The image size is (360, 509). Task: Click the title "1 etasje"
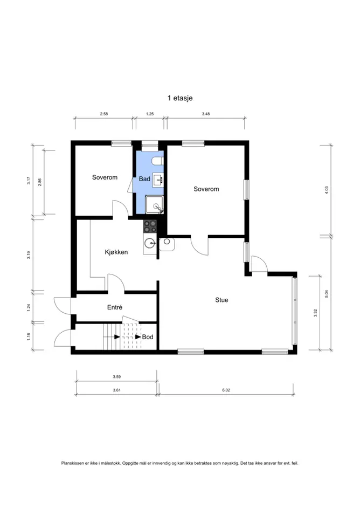point(180,98)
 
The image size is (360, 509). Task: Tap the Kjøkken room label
point(116,252)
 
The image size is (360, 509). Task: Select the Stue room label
point(221,300)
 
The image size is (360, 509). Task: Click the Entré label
point(115,307)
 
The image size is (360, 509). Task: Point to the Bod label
point(148,337)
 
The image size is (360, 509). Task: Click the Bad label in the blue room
point(144,179)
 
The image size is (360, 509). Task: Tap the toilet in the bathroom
point(158,161)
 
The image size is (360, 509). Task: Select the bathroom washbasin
point(158,179)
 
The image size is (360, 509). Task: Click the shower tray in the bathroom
point(154,204)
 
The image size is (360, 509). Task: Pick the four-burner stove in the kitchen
point(150,226)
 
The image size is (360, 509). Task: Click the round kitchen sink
point(149,242)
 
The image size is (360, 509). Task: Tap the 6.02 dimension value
point(226,390)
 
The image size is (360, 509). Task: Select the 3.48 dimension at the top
point(206,114)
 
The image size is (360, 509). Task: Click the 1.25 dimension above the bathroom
point(150,114)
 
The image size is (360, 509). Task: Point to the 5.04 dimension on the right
point(327,294)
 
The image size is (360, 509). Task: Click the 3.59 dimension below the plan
point(117,377)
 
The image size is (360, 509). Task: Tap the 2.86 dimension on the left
point(39,182)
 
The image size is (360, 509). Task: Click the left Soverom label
point(105,177)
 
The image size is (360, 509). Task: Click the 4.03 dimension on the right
point(327,190)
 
